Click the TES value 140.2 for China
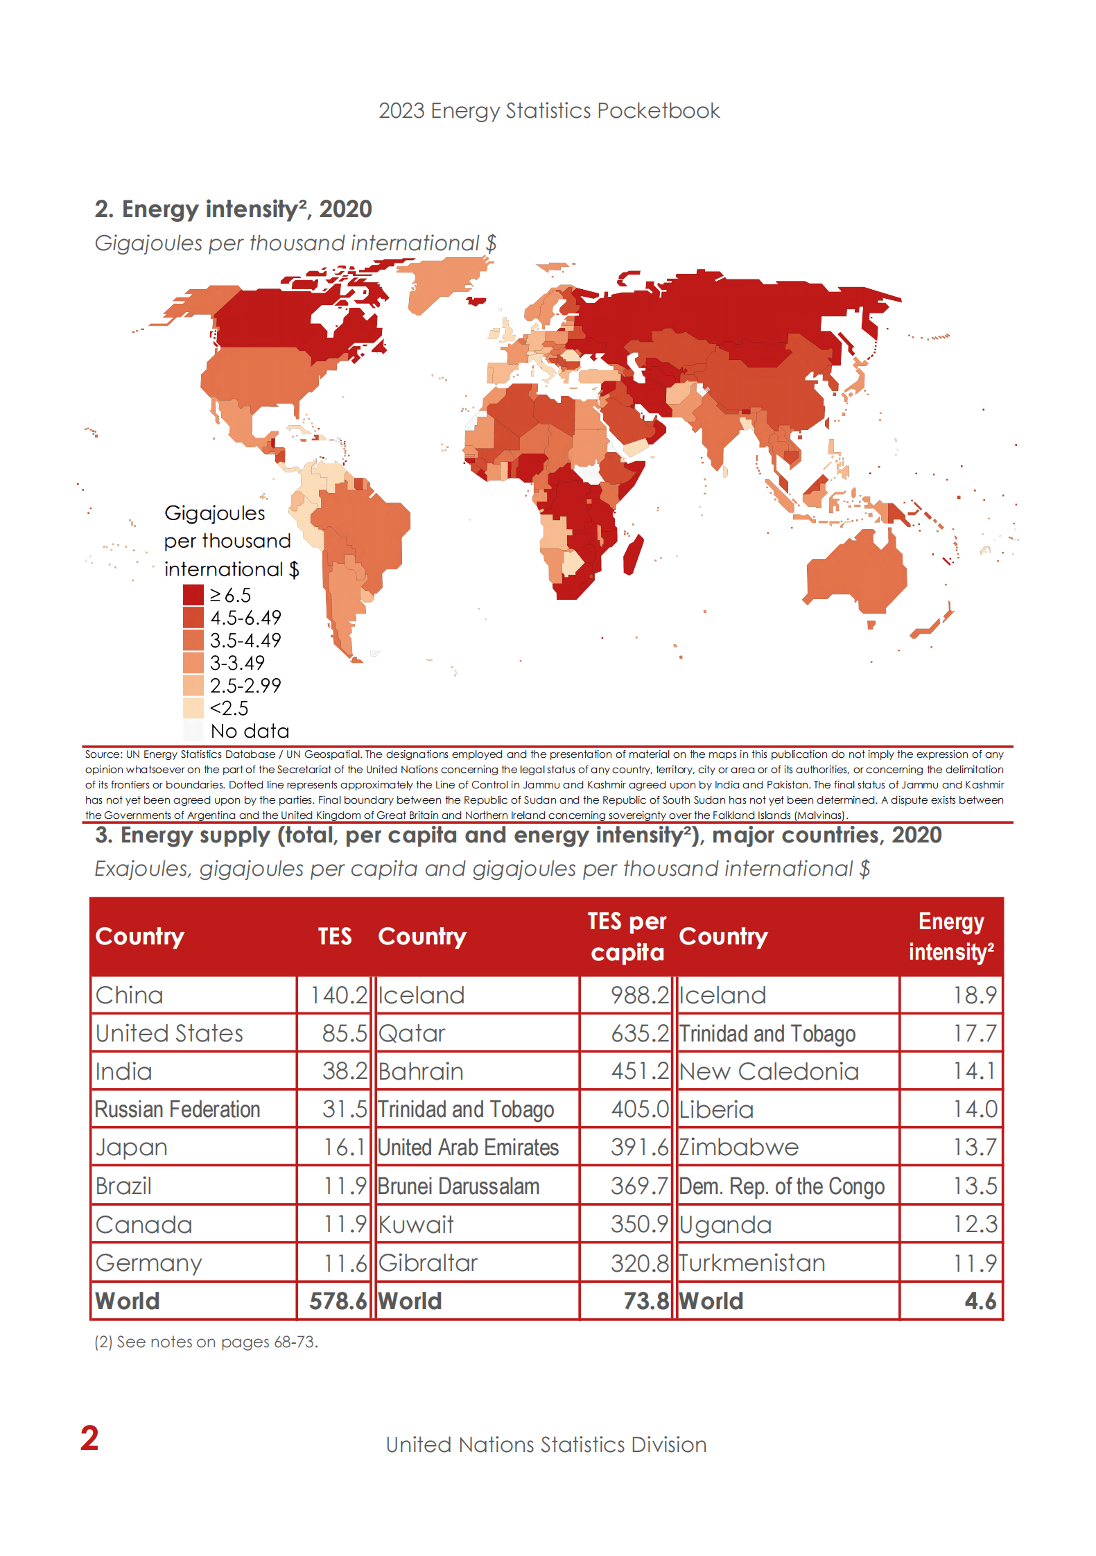point(338,995)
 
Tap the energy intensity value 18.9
point(974,995)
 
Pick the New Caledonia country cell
point(769,1071)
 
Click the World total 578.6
point(338,1301)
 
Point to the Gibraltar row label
point(428,1263)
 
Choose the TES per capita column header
point(627,936)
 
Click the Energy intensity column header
point(950,936)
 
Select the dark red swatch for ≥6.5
point(193,595)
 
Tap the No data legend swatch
point(193,731)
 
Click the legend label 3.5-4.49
point(245,640)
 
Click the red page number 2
point(89,1438)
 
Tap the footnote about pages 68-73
point(206,1342)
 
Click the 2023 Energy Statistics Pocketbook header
point(548,111)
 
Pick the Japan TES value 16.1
point(345,1148)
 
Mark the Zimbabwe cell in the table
point(739,1148)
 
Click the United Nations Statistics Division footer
point(546,1444)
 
